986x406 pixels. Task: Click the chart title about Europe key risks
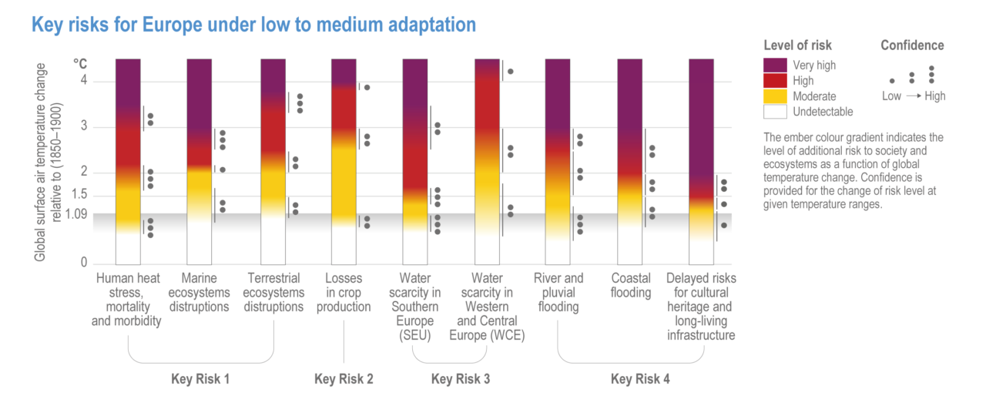(253, 25)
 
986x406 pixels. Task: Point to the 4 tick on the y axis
(85, 81)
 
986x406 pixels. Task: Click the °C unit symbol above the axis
(81, 62)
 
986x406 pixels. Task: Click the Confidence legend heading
(912, 45)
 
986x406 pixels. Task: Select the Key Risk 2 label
(344, 379)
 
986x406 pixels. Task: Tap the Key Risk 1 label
(200, 379)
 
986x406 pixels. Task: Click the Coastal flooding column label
(631, 285)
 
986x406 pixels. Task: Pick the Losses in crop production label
(344, 292)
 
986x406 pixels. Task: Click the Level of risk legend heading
(797, 45)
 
